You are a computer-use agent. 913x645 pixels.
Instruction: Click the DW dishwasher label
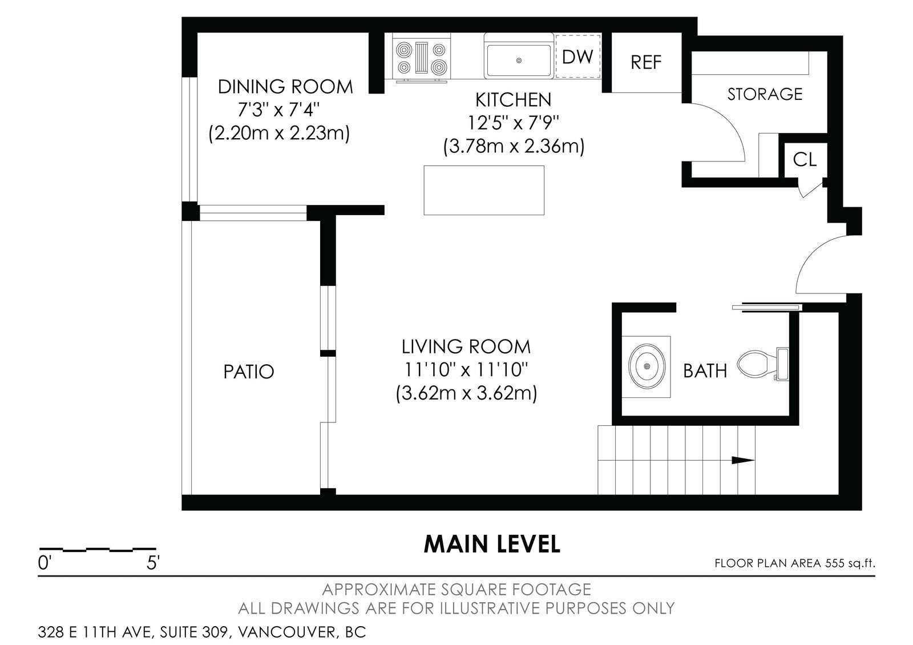(577, 57)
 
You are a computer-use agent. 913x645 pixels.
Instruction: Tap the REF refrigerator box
(647, 62)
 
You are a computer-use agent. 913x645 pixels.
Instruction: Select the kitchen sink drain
(519, 61)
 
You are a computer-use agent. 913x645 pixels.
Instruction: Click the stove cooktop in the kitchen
(422, 58)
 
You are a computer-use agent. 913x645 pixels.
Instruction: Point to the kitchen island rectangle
(484, 190)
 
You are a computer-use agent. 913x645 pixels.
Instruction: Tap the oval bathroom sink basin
(647, 366)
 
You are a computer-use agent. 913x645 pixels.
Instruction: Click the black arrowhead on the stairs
(742, 460)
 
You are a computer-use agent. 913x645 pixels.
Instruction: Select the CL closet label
(805, 159)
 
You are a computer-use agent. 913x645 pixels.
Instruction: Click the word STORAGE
(765, 94)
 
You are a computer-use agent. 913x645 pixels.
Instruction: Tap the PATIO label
(249, 372)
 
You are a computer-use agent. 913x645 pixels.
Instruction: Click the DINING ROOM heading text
(285, 87)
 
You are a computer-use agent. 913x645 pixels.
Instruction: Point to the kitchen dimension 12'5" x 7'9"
(513, 122)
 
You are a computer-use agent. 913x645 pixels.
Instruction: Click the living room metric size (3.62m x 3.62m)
(466, 394)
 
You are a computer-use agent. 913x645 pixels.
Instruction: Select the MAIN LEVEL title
(492, 544)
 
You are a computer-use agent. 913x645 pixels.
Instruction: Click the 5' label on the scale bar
(153, 563)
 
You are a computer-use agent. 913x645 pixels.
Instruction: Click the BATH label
(705, 371)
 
